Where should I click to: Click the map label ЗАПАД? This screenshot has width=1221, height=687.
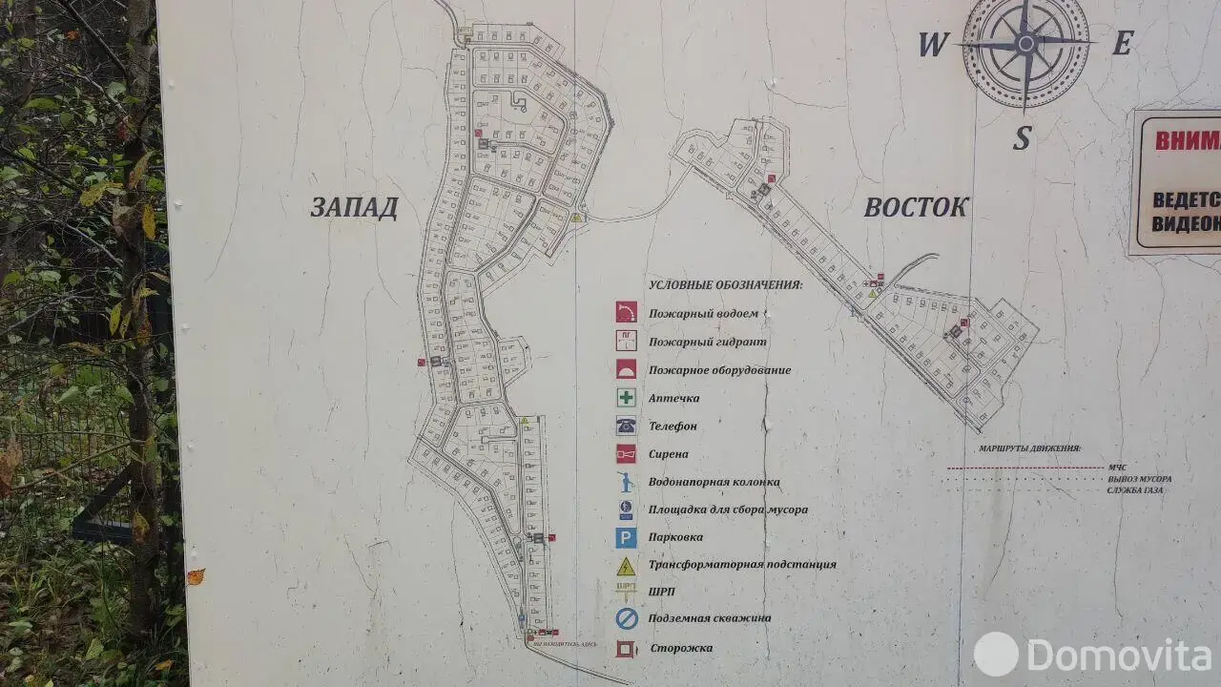tap(354, 208)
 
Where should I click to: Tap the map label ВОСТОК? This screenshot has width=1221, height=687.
tap(916, 207)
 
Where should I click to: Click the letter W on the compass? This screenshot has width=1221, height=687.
tap(932, 45)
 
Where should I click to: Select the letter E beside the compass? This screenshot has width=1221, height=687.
tap(1123, 43)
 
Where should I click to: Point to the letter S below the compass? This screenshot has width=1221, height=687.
tap(1022, 139)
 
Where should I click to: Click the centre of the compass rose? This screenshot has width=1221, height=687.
tap(1025, 43)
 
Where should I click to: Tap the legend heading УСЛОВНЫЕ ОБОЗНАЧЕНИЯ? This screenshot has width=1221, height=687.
tap(725, 284)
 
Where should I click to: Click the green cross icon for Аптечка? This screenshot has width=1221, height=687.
tap(626, 398)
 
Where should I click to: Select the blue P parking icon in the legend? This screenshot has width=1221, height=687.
tap(626, 537)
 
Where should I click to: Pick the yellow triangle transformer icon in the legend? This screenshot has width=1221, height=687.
tap(626, 565)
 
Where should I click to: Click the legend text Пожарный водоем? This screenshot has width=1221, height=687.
tap(704, 313)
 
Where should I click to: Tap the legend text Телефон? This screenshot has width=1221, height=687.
tap(673, 426)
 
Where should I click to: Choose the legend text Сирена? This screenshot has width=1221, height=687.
tap(669, 454)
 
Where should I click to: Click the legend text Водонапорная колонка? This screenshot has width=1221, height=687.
tap(714, 482)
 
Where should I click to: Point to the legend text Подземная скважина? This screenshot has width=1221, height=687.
tap(710, 618)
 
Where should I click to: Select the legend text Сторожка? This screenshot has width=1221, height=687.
tap(681, 649)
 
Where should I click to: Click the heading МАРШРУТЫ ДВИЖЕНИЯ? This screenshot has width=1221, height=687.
tap(1029, 448)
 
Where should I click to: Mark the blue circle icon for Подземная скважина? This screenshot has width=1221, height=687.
tap(626, 619)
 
